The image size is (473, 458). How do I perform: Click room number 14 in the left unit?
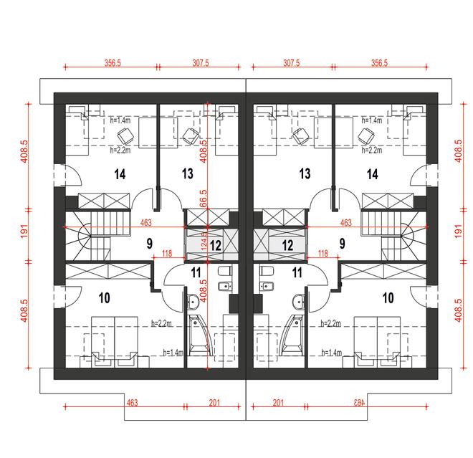click(120, 174)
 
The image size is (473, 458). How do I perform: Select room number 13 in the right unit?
click(305, 173)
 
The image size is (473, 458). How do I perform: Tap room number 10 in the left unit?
click(105, 298)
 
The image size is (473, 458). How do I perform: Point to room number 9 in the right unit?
click(342, 244)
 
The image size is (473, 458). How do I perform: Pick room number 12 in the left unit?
click(216, 246)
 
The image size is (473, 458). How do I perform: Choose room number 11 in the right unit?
click(297, 273)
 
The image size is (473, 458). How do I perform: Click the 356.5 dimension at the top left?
click(113, 63)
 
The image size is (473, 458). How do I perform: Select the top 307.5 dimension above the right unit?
click(292, 63)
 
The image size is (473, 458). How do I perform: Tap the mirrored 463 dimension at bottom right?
click(359, 403)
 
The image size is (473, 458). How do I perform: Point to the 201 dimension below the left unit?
click(214, 403)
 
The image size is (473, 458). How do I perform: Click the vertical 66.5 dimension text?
click(204, 199)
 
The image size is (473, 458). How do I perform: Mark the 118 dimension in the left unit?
click(167, 253)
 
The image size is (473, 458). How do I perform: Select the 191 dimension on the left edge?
click(24, 231)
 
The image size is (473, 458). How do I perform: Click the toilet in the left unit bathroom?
click(224, 271)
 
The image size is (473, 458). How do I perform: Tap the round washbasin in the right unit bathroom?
click(298, 302)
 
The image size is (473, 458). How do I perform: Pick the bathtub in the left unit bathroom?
click(199, 335)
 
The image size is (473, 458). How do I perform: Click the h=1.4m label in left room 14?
click(120, 120)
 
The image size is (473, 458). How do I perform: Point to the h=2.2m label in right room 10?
click(331, 323)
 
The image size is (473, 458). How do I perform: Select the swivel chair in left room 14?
click(126, 135)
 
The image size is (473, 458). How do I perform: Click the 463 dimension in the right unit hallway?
click(345, 223)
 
